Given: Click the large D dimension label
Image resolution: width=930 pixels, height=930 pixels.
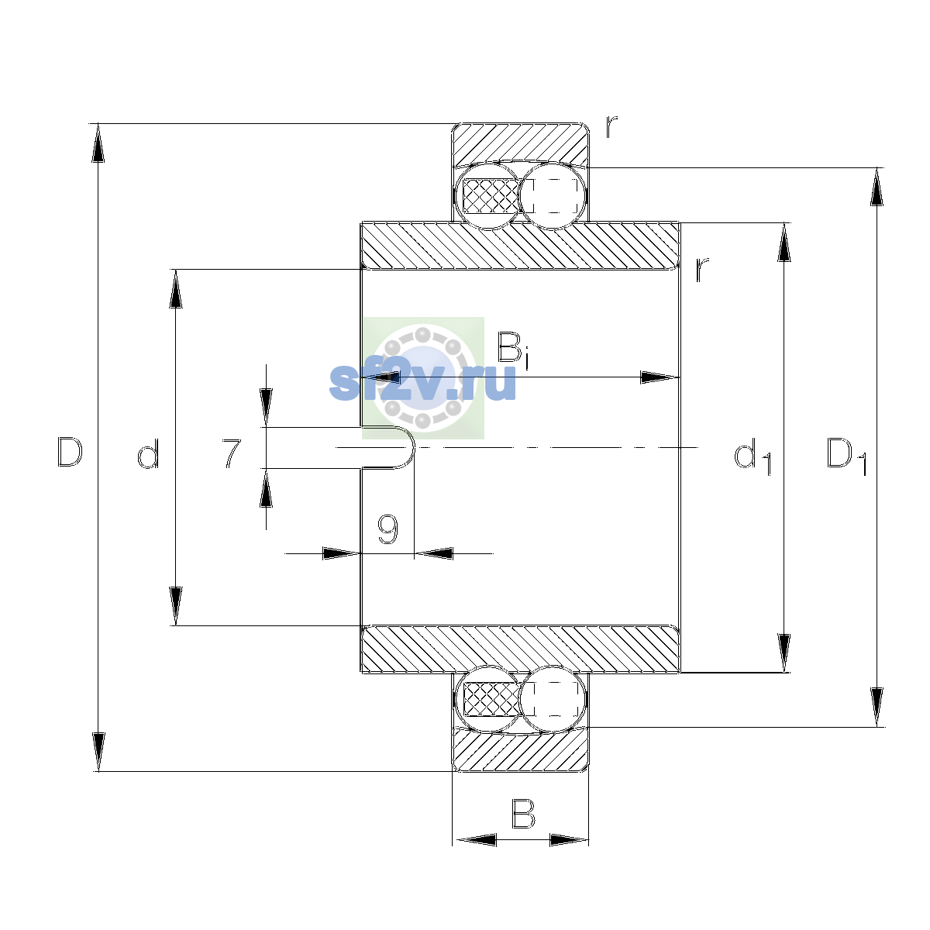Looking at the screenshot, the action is (x=70, y=452).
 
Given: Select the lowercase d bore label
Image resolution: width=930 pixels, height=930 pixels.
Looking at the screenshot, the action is (x=148, y=453).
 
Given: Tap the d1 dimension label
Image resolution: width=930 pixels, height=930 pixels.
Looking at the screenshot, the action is (x=753, y=456).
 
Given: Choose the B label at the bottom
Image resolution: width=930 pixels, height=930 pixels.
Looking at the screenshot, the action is (x=524, y=814).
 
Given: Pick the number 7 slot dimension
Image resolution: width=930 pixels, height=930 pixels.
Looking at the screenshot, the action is (x=232, y=453).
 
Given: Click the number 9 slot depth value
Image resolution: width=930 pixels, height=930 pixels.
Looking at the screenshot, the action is (x=387, y=529).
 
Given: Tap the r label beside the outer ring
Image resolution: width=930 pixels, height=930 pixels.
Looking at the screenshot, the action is (x=611, y=127).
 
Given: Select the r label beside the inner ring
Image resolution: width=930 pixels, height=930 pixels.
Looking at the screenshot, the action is (x=701, y=270).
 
